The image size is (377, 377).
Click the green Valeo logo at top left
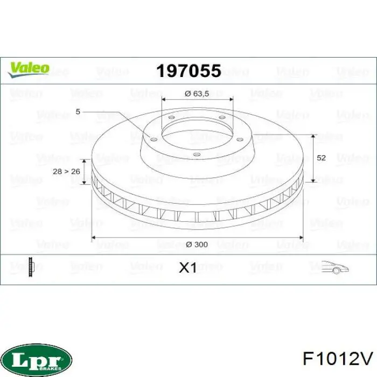[x=28, y=68]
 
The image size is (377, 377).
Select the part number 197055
[x=188, y=71]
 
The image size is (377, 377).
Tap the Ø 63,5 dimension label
[x=197, y=93]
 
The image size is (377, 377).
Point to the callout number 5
[x=78, y=112]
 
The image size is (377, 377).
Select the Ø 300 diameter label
[x=197, y=245]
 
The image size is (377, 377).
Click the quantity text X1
[x=187, y=268]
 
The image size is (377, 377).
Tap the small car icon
[x=335, y=267]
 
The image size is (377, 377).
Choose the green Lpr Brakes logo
[x=37, y=358]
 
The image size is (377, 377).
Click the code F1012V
[x=337, y=358]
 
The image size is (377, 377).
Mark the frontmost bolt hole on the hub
[x=197, y=155]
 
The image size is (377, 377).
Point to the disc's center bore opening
[x=197, y=132]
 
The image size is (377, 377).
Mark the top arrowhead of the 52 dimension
[x=313, y=136]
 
